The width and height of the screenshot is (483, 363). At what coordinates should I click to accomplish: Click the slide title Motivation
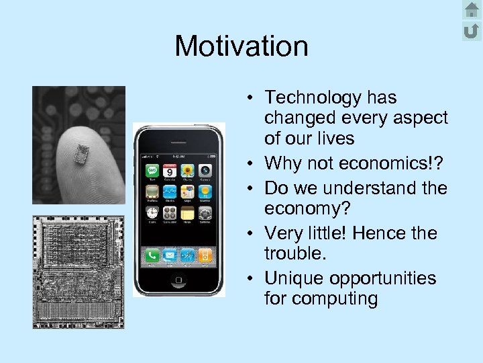[241, 46]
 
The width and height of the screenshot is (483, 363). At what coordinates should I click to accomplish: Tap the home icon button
[472, 10]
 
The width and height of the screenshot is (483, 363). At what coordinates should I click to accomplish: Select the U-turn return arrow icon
[472, 30]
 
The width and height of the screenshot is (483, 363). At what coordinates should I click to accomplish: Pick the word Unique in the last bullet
[293, 278]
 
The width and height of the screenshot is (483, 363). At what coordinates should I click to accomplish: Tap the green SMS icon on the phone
[153, 170]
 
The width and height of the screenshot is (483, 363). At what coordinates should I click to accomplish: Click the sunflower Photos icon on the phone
[188, 170]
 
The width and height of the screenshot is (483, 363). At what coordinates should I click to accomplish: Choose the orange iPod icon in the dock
[205, 255]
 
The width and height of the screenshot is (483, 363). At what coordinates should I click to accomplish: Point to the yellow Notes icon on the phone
[188, 213]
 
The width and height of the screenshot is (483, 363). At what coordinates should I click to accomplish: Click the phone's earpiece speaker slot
[179, 142]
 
